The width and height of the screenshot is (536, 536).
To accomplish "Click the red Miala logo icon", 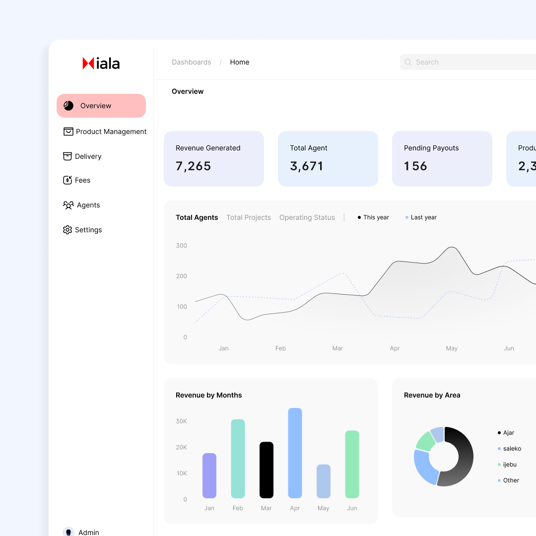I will [88, 63].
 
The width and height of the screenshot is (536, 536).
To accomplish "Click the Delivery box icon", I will [67, 156].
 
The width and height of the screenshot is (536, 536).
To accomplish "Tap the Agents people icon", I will [68, 205].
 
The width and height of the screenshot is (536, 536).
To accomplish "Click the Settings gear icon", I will [67, 230].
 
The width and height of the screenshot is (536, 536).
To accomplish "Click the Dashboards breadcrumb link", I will [191, 62].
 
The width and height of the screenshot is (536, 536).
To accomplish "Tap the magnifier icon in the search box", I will [408, 62].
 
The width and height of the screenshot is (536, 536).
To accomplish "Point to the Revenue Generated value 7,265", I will [193, 166].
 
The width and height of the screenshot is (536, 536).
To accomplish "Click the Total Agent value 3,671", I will [307, 166].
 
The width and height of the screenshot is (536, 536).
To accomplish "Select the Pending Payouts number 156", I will [415, 166].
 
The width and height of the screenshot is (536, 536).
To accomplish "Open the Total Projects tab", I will [249, 217].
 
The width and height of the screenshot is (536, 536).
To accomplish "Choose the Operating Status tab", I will [307, 217].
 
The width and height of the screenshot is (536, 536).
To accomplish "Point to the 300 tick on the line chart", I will [182, 246].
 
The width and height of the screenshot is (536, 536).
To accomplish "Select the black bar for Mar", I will [267, 469].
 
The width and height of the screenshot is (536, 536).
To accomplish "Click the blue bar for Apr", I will [295, 453].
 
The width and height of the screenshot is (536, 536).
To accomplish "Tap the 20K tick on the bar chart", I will [182, 447].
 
